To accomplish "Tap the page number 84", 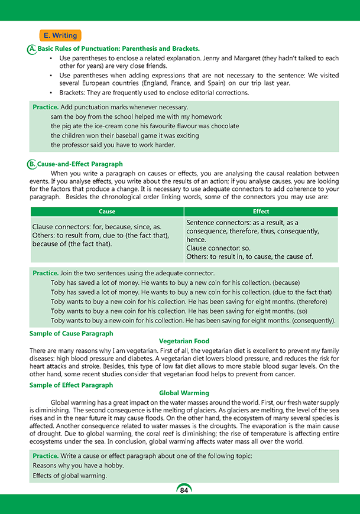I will [x=184, y=489].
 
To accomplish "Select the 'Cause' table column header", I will [x=106, y=212].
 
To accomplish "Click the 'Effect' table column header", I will [x=261, y=212].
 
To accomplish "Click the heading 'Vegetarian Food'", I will [x=184, y=341].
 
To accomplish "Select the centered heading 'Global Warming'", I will [x=184, y=393].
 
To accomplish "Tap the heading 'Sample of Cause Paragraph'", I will [x=72, y=334].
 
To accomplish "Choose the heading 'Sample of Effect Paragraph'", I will [x=71, y=385].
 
